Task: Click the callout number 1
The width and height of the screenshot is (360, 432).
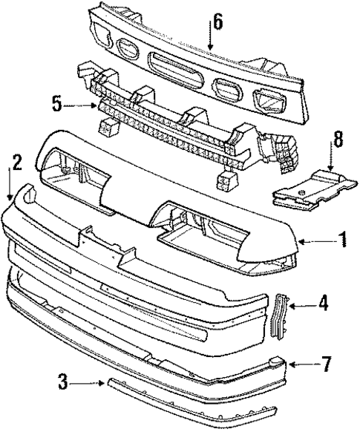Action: coord(342,240)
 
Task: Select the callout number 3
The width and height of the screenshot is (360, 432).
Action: coord(65,382)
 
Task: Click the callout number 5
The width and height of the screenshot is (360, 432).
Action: coord(56,105)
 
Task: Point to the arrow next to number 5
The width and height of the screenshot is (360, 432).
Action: coord(80,106)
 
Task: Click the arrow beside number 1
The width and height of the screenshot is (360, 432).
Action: coord(315,240)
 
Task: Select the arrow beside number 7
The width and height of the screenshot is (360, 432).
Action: coord(300,364)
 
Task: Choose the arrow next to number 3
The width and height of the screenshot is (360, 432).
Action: coord(90,383)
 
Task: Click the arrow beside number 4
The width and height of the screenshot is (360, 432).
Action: coord(302,304)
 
